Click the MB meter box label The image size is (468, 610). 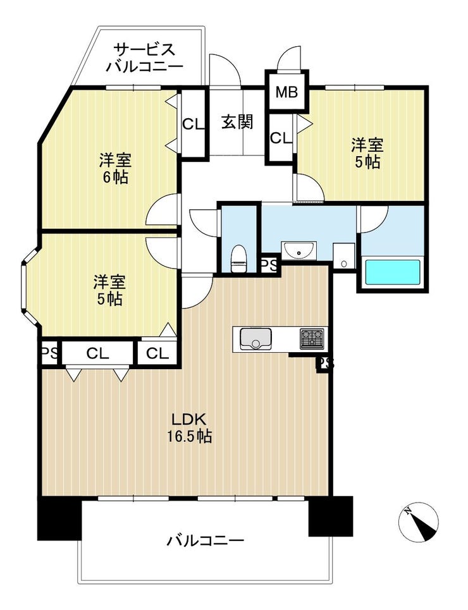286,92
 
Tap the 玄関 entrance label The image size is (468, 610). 238,122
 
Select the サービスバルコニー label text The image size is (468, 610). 144,58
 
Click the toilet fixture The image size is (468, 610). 238,259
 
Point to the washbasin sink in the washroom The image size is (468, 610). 299,250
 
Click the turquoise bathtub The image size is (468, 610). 392,272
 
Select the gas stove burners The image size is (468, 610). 312,338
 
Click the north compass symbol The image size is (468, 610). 419,522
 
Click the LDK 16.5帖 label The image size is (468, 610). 190,428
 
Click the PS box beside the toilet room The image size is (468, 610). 269,265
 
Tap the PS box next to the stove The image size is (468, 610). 324,363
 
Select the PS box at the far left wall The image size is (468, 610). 50,353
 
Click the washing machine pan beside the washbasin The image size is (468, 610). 344,255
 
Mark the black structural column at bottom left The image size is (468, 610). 59,518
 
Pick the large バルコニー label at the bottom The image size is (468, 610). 205,540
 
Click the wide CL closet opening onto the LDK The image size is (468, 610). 98,353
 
